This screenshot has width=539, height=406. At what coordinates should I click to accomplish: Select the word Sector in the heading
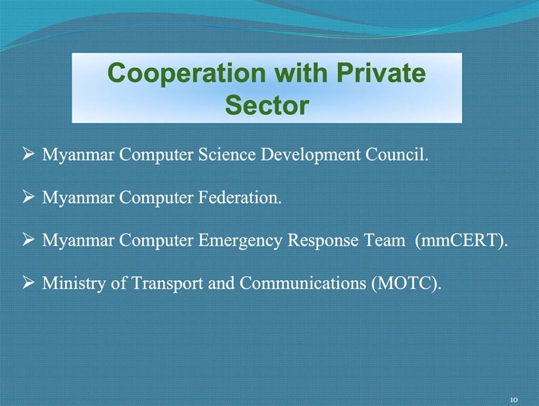pos(267,105)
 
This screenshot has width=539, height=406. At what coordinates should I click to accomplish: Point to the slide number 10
pos(514,400)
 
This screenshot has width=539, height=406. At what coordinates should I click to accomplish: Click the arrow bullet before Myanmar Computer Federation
pos(28,197)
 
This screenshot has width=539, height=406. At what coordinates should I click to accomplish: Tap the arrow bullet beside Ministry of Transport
pos(28,283)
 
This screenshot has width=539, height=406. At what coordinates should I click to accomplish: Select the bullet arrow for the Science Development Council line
pos(28,154)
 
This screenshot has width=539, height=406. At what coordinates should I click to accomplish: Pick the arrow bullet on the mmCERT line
pos(28,240)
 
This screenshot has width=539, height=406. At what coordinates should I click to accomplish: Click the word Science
pos(227,154)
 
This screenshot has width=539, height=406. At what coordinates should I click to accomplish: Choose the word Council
pos(397,154)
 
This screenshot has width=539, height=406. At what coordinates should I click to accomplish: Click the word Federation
pos(239,198)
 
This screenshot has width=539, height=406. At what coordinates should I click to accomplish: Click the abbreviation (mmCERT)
pos(461,241)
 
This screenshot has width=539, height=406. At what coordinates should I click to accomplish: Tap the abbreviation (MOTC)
pos(406,283)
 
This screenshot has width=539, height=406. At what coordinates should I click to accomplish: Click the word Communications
pos(303,283)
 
